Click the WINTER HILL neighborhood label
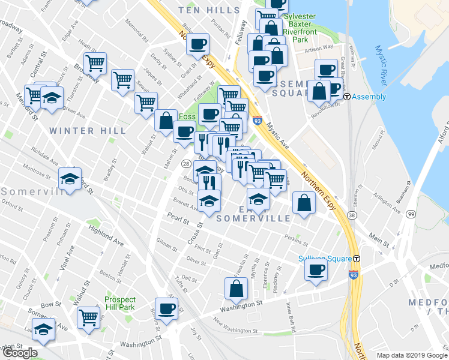click(x=96, y=130)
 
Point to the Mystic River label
click(x=382, y=65)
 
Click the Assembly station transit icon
click(x=346, y=97)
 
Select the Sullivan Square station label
click(x=324, y=259)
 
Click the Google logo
click(x=19, y=353)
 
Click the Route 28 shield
click(x=186, y=164)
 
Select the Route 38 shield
click(x=351, y=214)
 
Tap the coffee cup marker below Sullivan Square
click(x=316, y=270)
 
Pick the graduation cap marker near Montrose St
click(x=70, y=179)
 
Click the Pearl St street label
click(x=179, y=217)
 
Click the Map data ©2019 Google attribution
click(x=411, y=355)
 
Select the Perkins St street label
click(x=296, y=239)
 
